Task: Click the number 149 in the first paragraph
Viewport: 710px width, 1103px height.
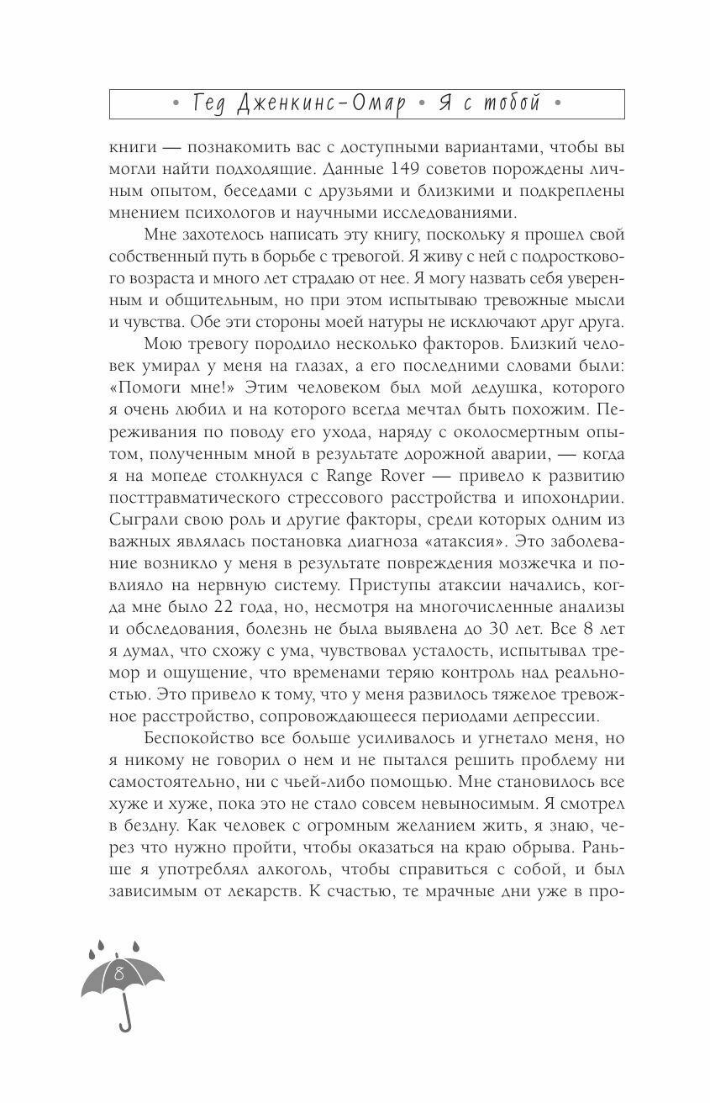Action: click(x=353, y=169)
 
